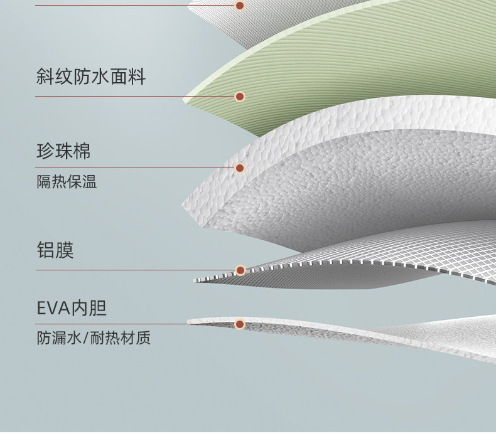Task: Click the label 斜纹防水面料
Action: click(x=90, y=77)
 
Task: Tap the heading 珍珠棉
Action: click(x=63, y=151)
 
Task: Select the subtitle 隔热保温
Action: click(x=67, y=183)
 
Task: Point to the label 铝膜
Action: click(x=55, y=250)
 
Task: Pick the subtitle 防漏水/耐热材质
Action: click(x=93, y=339)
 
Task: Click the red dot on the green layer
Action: click(x=239, y=97)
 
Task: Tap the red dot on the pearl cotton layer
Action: click(x=239, y=168)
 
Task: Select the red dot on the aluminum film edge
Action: click(x=239, y=270)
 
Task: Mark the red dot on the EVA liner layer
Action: click(x=239, y=324)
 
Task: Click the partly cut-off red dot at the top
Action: click(x=239, y=5)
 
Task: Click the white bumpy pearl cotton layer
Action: click(x=352, y=182)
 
